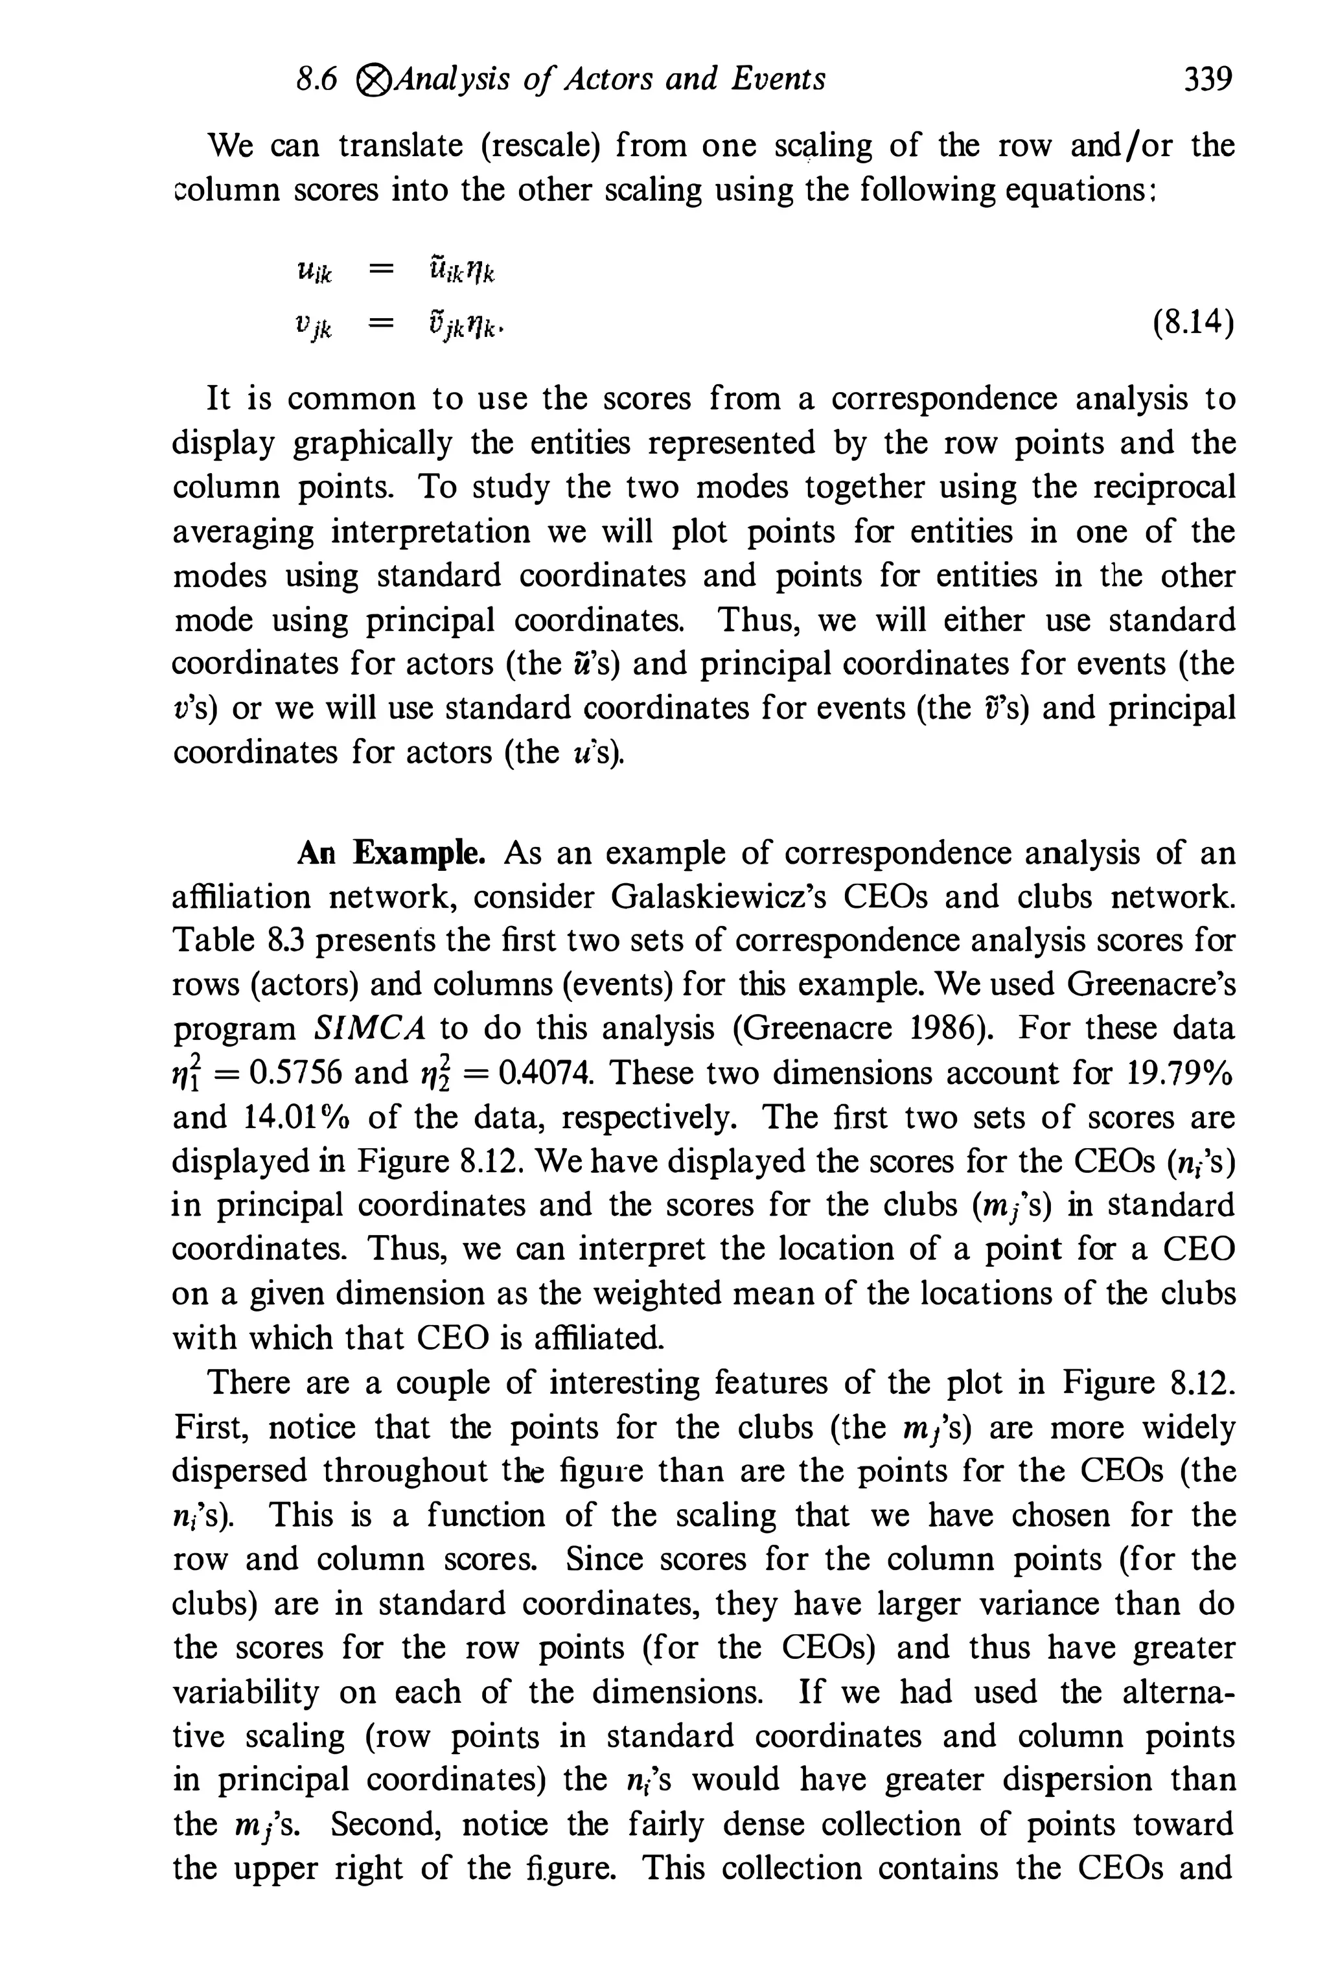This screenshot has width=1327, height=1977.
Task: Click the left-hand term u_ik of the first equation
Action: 315,273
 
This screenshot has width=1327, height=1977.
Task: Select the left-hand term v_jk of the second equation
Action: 315,325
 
